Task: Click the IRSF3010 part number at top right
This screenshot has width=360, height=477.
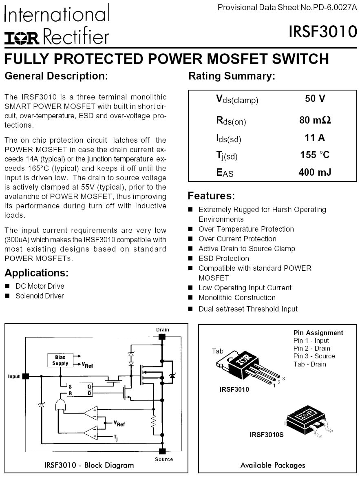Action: point(323,32)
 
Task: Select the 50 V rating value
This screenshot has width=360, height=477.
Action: point(315,99)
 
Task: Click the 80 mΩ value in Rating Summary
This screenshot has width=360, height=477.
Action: point(315,121)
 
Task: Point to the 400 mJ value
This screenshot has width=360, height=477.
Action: point(315,172)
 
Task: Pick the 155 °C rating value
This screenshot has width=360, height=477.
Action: point(315,155)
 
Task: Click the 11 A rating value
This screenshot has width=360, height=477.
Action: point(315,137)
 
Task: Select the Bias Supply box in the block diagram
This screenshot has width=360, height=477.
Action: point(60,360)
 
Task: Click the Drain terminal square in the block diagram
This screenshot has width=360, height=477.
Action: point(162,337)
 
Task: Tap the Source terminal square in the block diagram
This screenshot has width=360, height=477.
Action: point(162,450)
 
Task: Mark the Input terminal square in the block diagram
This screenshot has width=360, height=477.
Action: point(26,376)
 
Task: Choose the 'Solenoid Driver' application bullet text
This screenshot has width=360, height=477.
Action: point(40,296)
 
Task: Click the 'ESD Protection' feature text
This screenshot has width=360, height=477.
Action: point(223,258)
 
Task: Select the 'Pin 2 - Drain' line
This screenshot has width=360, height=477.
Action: point(311,348)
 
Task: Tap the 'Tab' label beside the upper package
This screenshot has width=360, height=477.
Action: point(218,351)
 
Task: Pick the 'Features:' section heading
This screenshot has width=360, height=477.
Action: point(211,196)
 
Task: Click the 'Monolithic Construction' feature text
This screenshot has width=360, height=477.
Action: point(237,298)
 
